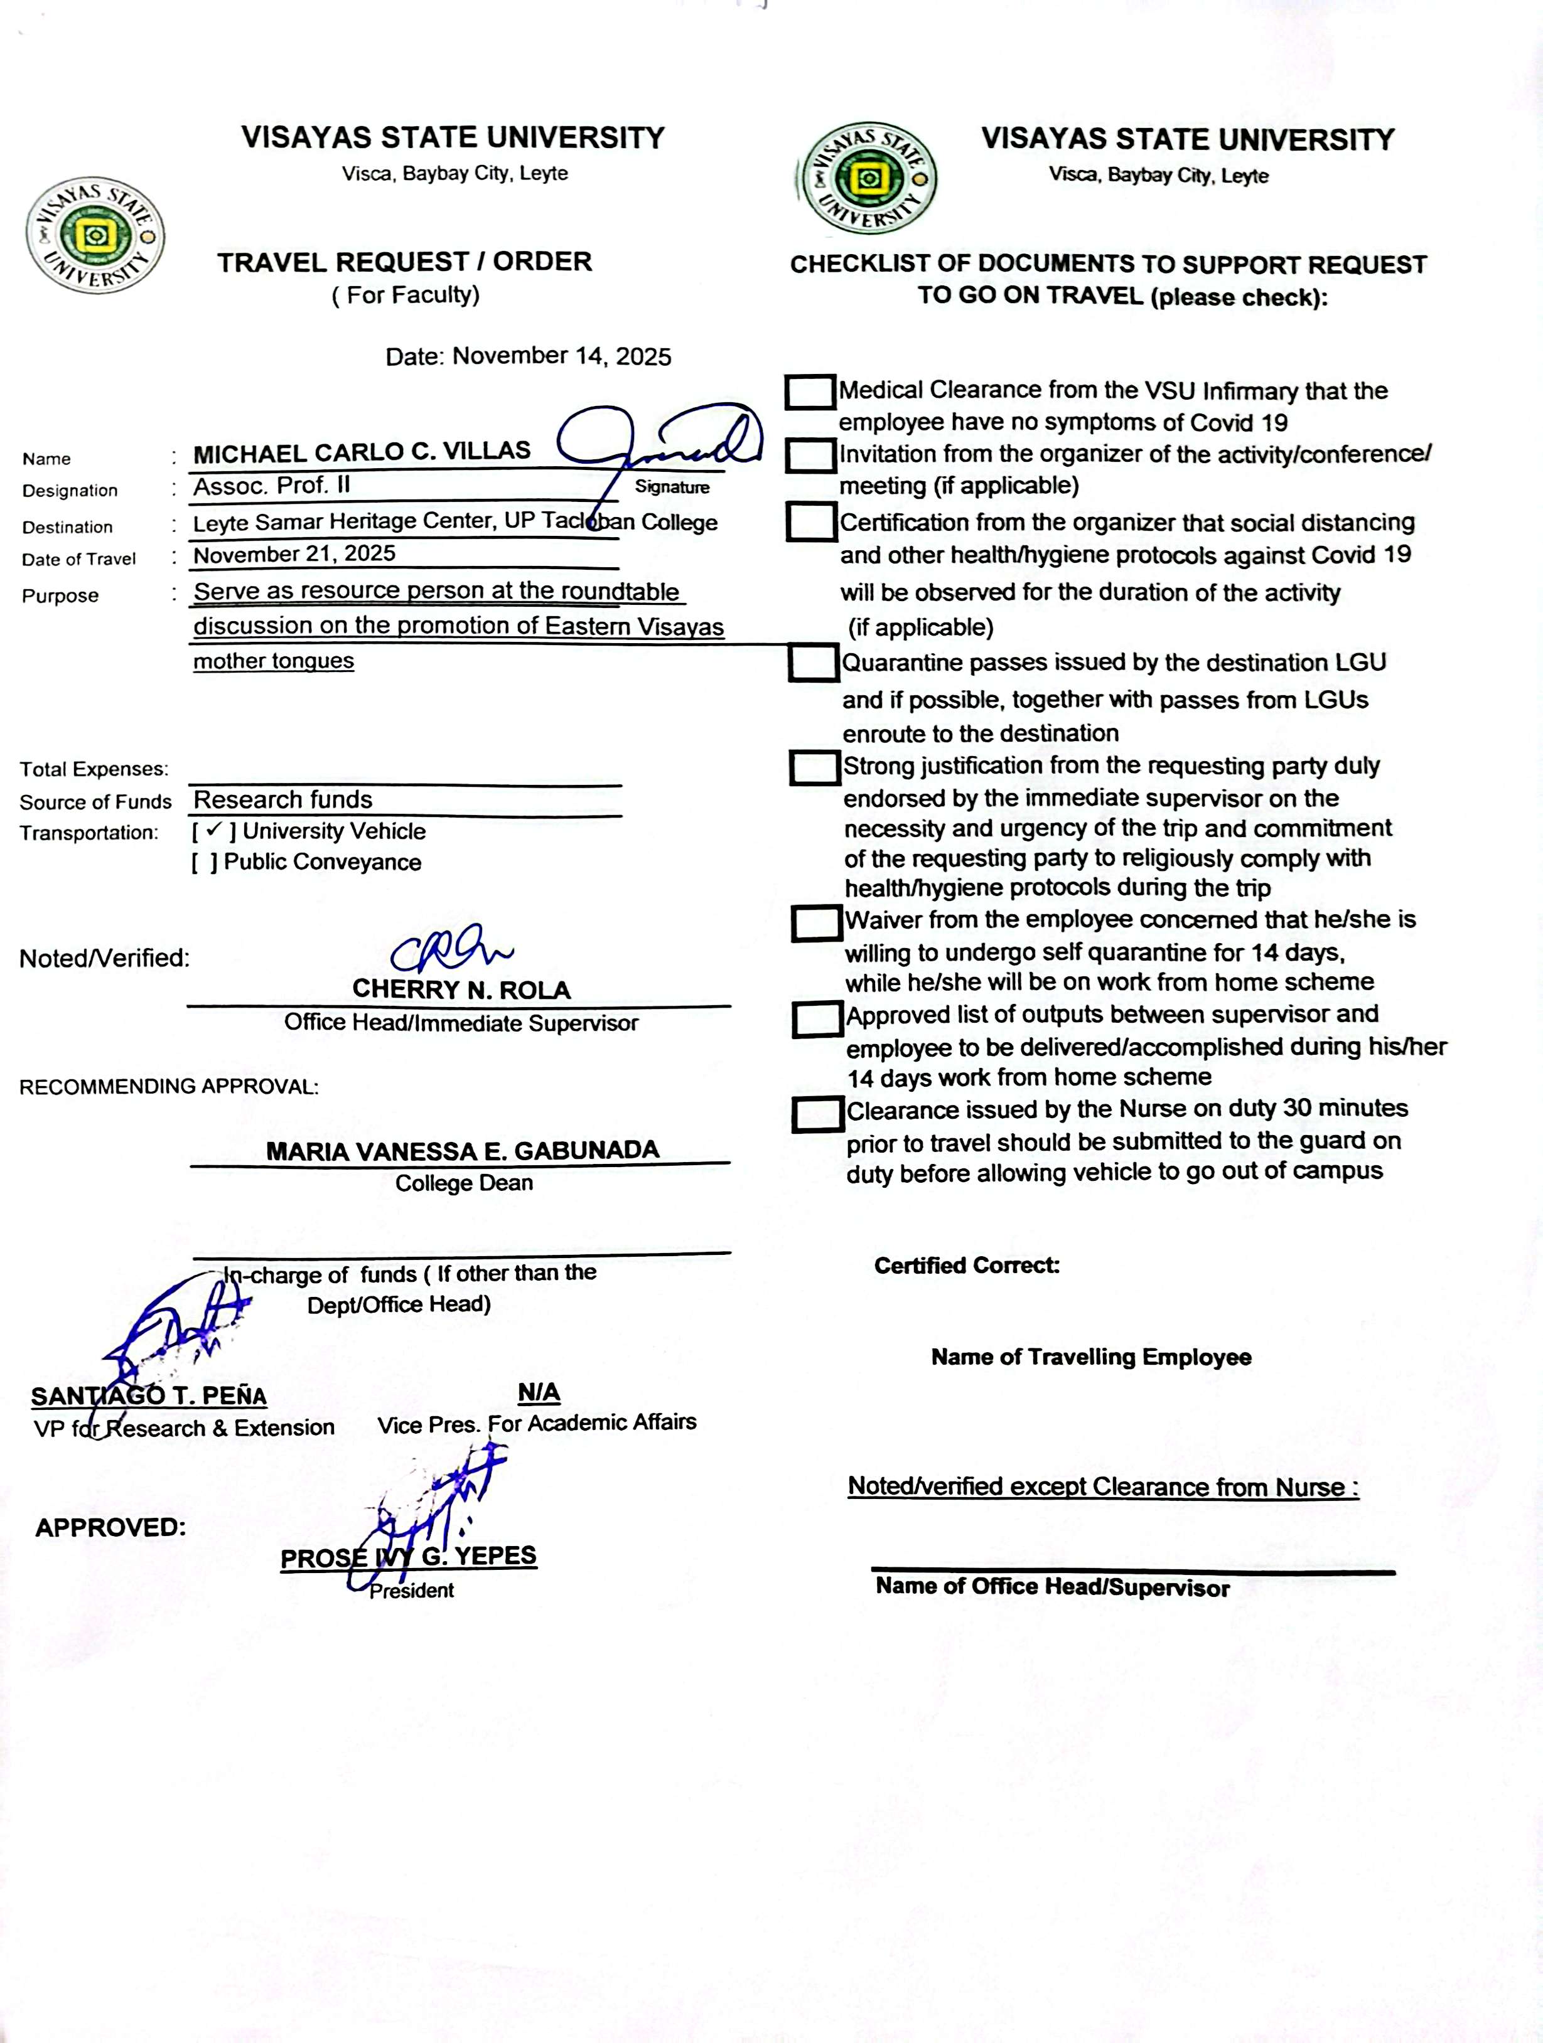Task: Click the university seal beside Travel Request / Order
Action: pyautogui.click(x=95, y=237)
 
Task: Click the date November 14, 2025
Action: pyautogui.click(x=562, y=356)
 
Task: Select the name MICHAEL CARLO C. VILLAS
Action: pyautogui.click(x=362, y=452)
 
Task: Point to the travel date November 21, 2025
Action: pyautogui.click(x=294, y=554)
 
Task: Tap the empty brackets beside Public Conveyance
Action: pyautogui.click(x=205, y=863)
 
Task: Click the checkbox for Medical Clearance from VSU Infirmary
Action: pyautogui.click(x=810, y=392)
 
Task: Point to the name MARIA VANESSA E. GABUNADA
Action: pyautogui.click(x=462, y=1151)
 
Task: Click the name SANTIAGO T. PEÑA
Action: pyautogui.click(x=149, y=1395)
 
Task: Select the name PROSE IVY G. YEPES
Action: pyautogui.click(x=409, y=1557)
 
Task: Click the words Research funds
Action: pyautogui.click(x=282, y=800)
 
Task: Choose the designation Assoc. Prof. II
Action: pyautogui.click(x=272, y=486)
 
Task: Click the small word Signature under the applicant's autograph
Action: pyautogui.click(x=672, y=488)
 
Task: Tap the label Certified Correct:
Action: pyautogui.click(x=967, y=1266)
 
